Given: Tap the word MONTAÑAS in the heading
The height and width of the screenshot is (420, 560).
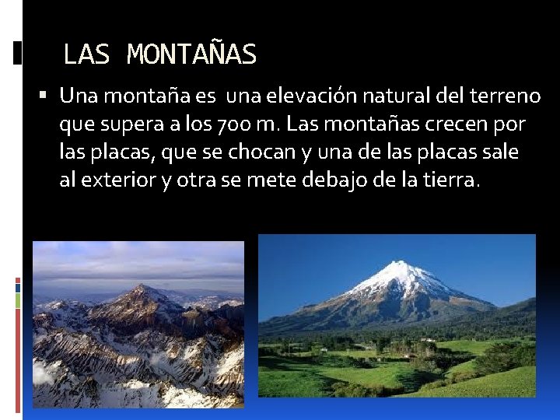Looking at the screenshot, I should (191, 54).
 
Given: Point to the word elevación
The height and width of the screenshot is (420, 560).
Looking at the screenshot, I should (319, 96).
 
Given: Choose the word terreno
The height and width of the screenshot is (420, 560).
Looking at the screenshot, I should (506, 96).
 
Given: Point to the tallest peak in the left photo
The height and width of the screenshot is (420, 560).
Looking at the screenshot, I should (140, 290).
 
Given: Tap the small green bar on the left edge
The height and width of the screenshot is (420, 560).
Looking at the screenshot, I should (18, 300).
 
